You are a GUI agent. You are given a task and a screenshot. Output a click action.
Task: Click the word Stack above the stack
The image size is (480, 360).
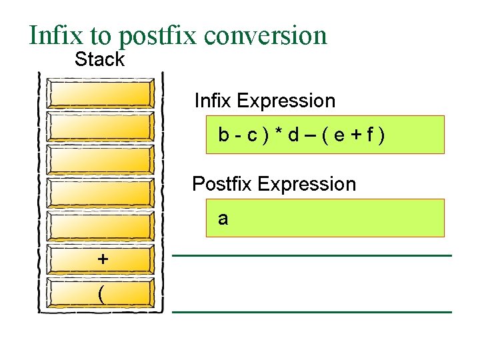point(99,59)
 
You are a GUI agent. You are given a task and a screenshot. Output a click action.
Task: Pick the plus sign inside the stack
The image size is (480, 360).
point(102,259)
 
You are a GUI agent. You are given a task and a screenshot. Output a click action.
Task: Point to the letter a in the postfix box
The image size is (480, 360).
point(223,219)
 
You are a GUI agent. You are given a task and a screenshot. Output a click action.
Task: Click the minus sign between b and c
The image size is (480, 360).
point(237,135)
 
